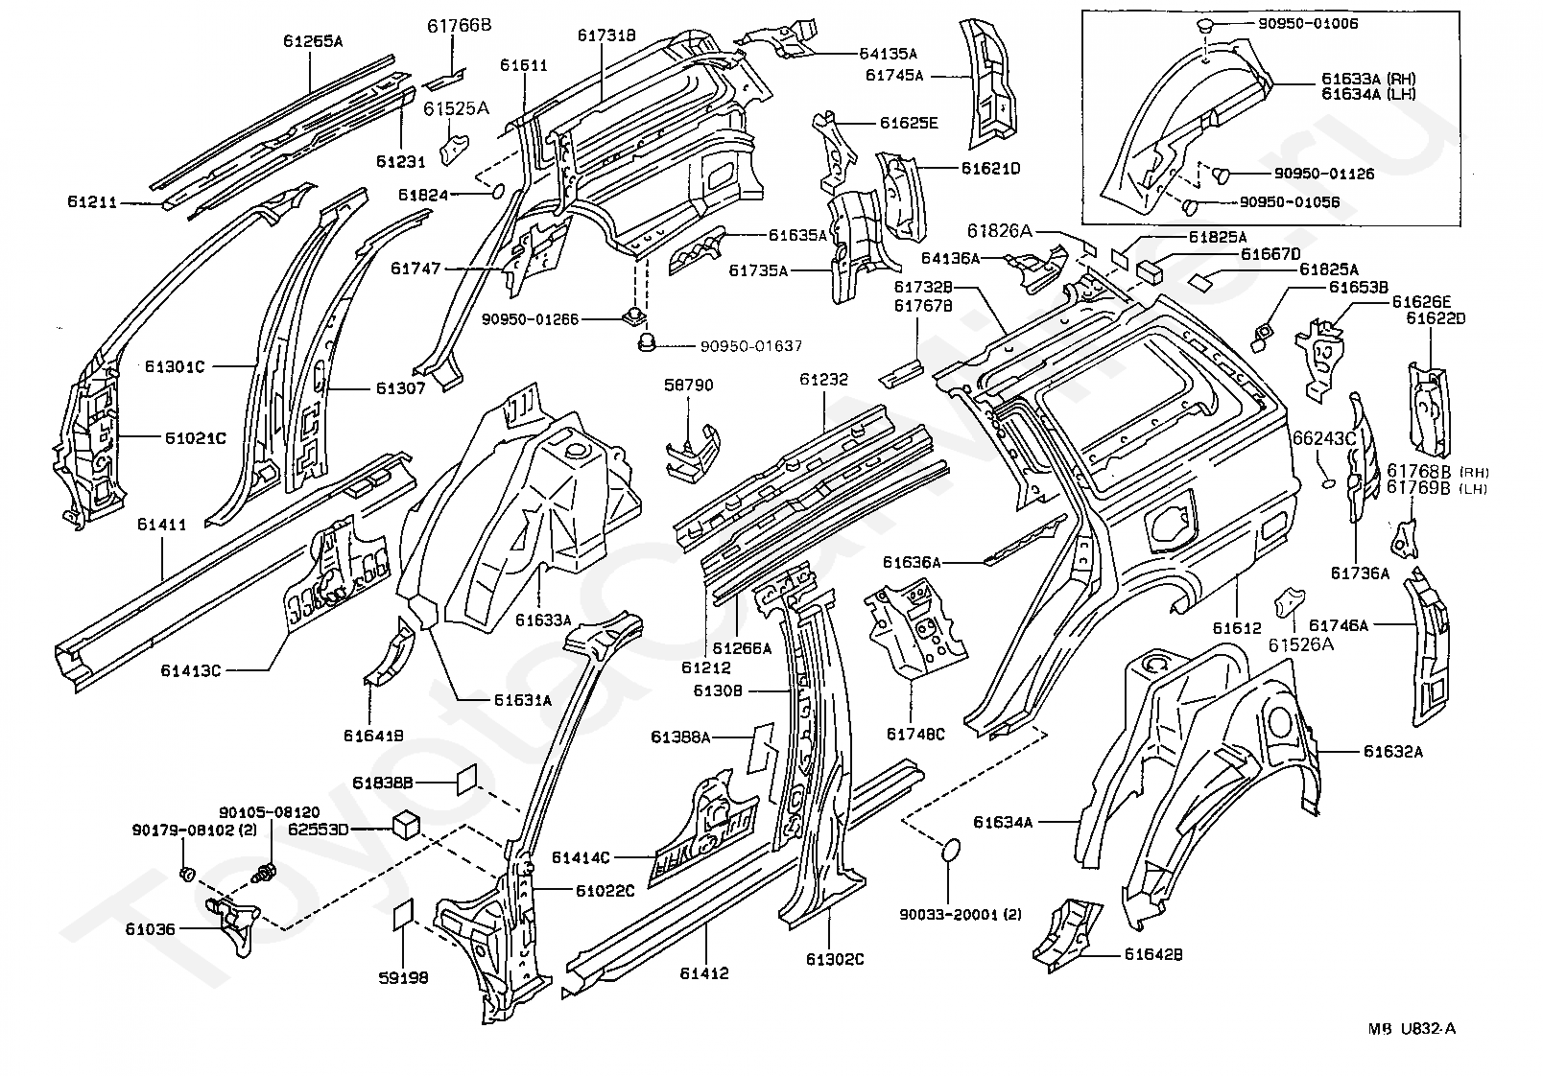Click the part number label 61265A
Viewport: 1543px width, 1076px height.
(x=313, y=41)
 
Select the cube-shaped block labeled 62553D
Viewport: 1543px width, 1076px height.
(x=405, y=824)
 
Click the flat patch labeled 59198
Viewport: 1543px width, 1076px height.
(x=402, y=915)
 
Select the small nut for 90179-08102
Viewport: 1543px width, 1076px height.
(x=185, y=874)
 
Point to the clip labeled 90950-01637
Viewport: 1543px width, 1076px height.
(x=646, y=341)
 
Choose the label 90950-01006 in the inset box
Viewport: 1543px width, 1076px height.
(x=1308, y=23)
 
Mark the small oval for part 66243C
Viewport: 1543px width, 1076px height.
(x=1327, y=484)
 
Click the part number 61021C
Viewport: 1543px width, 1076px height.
(x=195, y=438)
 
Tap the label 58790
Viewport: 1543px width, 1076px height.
(x=688, y=385)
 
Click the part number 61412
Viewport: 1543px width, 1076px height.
(x=704, y=973)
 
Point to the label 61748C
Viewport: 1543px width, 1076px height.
(x=915, y=735)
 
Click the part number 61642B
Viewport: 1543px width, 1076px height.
(x=1153, y=954)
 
